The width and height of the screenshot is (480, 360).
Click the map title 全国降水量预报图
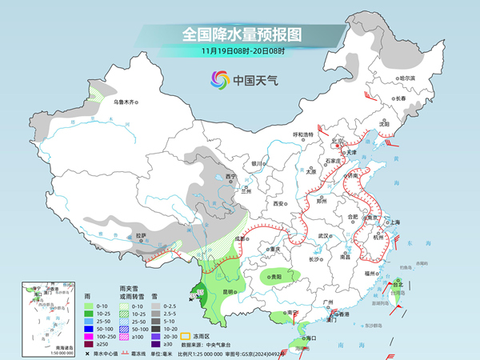coord(240,34)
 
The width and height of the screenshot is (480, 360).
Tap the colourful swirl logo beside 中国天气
coord(218,79)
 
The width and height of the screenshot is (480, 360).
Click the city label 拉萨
coord(142,235)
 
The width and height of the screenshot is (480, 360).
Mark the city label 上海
coord(394,222)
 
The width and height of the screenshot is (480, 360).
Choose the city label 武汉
coord(324,236)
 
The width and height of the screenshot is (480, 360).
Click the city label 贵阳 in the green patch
coord(276,277)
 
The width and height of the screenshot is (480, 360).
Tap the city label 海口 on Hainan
coord(305,339)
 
